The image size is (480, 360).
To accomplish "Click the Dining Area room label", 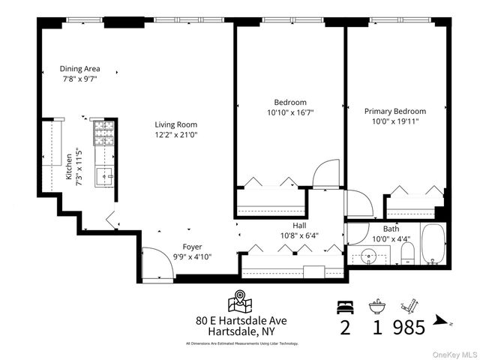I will click(80, 68).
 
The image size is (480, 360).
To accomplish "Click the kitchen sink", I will click(103, 177).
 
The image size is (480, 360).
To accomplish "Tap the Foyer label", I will click(193, 246).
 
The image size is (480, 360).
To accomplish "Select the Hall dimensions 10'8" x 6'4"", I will click(300, 234).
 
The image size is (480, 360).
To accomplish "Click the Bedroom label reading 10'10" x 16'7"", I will click(289, 112).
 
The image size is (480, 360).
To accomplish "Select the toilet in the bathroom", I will click(406, 258).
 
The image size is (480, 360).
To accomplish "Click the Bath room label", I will click(391, 229).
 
